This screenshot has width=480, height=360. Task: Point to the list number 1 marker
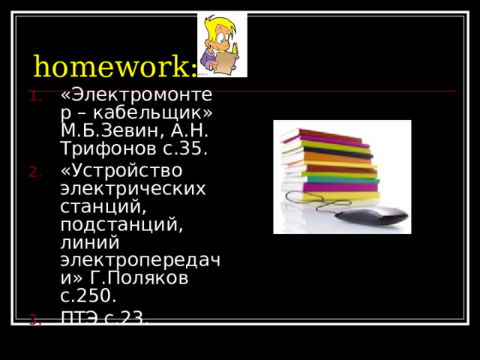38,95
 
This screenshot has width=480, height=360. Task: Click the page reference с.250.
88,296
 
